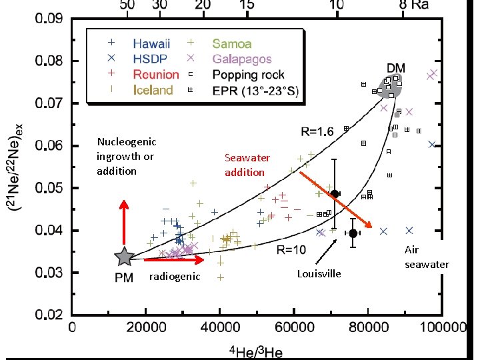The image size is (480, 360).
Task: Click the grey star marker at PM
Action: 124,257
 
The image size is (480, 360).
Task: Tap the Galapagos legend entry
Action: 241,59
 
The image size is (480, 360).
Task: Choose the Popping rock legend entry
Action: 248,75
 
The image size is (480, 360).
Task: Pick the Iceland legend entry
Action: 153,90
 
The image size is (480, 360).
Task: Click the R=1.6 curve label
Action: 316,131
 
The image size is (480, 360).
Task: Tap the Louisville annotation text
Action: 319,274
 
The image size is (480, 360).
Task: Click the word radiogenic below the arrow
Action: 174,276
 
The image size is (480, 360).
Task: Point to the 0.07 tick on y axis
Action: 49,103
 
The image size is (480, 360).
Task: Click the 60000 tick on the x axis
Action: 294,328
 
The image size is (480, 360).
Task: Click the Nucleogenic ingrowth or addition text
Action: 126,156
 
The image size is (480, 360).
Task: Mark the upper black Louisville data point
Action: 335,193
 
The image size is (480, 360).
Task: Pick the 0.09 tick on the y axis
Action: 49,19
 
